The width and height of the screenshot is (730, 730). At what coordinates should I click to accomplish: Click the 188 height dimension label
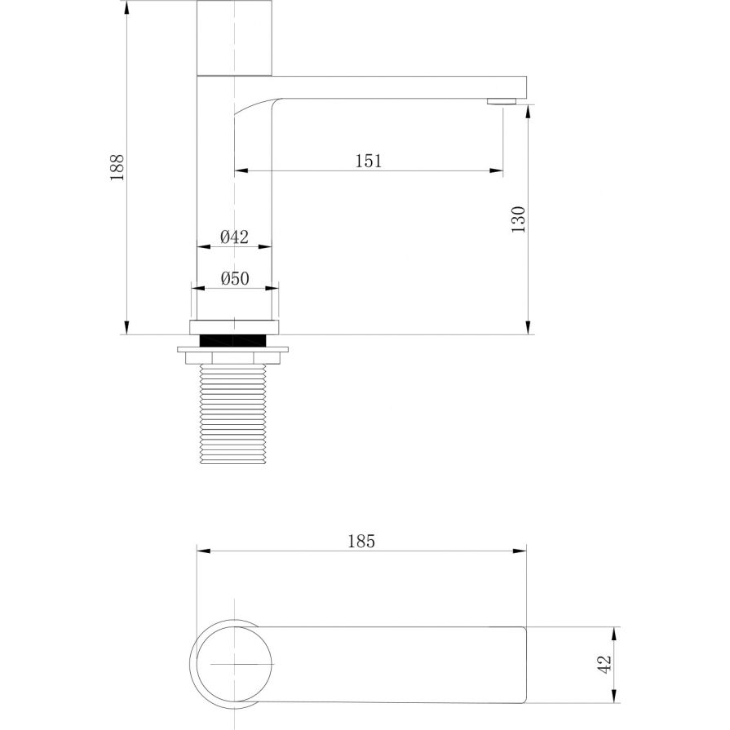click(117, 167)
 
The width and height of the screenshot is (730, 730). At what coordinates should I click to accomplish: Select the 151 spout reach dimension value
click(368, 161)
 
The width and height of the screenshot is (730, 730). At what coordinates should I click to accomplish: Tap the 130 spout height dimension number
click(518, 219)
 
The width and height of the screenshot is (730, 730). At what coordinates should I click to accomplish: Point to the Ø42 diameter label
click(235, 237)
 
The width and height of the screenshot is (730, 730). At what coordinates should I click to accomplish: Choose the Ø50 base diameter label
click(235, 278)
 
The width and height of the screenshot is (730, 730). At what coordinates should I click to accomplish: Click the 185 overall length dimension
click(361, 542)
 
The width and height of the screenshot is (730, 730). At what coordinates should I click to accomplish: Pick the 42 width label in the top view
click(604, 665)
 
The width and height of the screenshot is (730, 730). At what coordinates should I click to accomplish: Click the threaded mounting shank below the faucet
click(232, 414)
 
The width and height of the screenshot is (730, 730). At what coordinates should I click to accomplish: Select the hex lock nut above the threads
click(232, 358)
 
